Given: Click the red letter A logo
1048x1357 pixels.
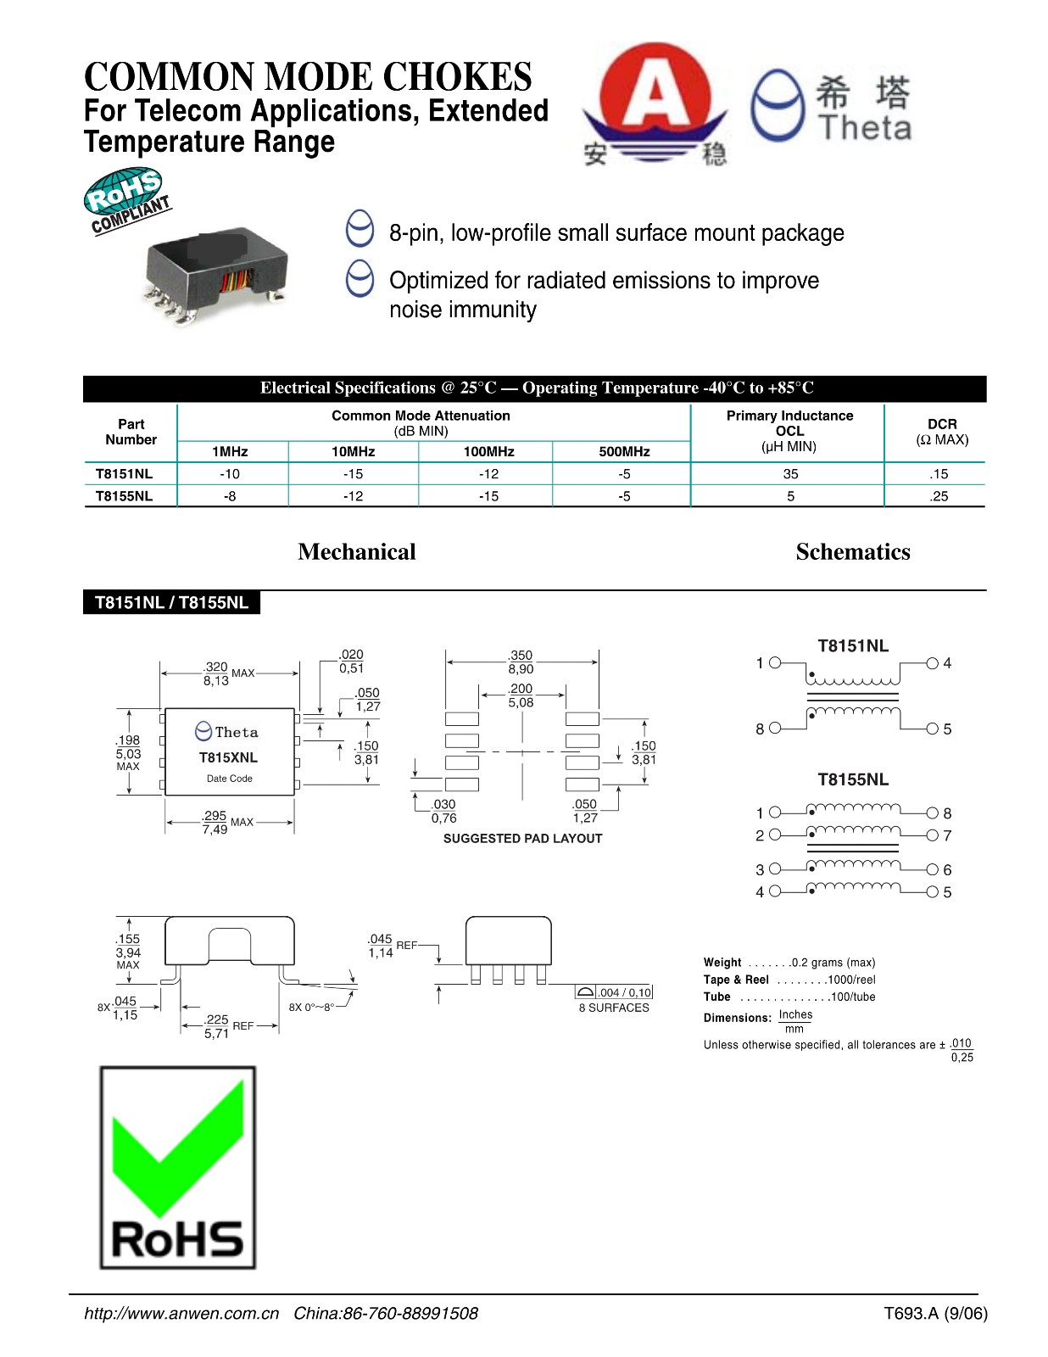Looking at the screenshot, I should click(x=654, y=95).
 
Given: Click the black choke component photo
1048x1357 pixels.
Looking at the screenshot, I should click(x=217, y=272).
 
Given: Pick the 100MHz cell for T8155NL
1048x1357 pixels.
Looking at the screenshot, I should click(x=488, y=496).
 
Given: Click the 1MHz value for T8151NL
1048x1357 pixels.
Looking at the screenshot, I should click(x=230, y=474).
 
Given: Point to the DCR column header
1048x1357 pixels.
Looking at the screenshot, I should click(x=941, y=431).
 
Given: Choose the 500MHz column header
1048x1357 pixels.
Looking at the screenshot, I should click(x=624, y=451).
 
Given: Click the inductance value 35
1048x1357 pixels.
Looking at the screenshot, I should click(x=790, y=474).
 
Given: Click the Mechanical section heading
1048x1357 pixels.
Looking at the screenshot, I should click(x=357, y=552).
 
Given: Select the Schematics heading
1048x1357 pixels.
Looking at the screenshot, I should click(x=852, y=552).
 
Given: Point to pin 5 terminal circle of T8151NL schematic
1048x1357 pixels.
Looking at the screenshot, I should click(x=933, y=729).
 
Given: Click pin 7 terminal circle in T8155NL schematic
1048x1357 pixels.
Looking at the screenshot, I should click(x=933, y=835).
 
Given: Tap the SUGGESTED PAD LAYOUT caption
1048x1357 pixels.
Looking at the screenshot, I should click(x=522, y=838).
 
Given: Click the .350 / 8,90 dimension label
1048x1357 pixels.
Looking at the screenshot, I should click(x=521, y=662).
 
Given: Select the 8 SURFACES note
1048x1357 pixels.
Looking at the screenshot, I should click(x=614, y=1008).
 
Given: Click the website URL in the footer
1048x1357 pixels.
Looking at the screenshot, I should click(x=181, y=1313).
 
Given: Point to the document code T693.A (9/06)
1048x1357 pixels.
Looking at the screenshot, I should click(x=935, y=1313).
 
